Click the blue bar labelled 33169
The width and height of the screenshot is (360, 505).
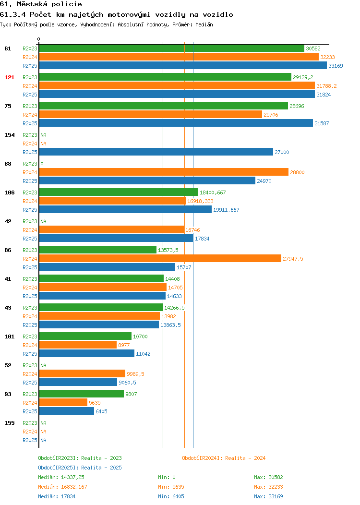[183, 65]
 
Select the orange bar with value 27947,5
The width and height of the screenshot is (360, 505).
[160, 258]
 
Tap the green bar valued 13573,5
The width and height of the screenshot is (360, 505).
[98, 250]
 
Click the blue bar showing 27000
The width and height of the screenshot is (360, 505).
[156, 152]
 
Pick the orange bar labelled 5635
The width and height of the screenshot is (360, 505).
[63, 402]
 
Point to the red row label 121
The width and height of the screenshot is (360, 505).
[9, 77]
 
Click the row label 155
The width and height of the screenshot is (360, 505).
[9, 423]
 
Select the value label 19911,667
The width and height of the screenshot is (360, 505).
[226, 210]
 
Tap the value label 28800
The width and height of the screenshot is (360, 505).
[297, 172]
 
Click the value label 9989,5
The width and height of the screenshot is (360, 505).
[135, 374]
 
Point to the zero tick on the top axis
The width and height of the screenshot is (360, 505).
[39, 39]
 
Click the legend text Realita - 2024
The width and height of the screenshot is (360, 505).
[245, 458]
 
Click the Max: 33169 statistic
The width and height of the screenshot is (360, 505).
[268, 496]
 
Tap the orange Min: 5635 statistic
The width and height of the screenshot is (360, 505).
[171, 487]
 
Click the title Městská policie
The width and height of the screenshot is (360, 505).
[49, 4]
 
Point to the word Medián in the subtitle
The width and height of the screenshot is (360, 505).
[204, 24]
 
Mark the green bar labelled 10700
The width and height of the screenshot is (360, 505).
[85, 336]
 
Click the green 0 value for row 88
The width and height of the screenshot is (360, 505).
[42, 164]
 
